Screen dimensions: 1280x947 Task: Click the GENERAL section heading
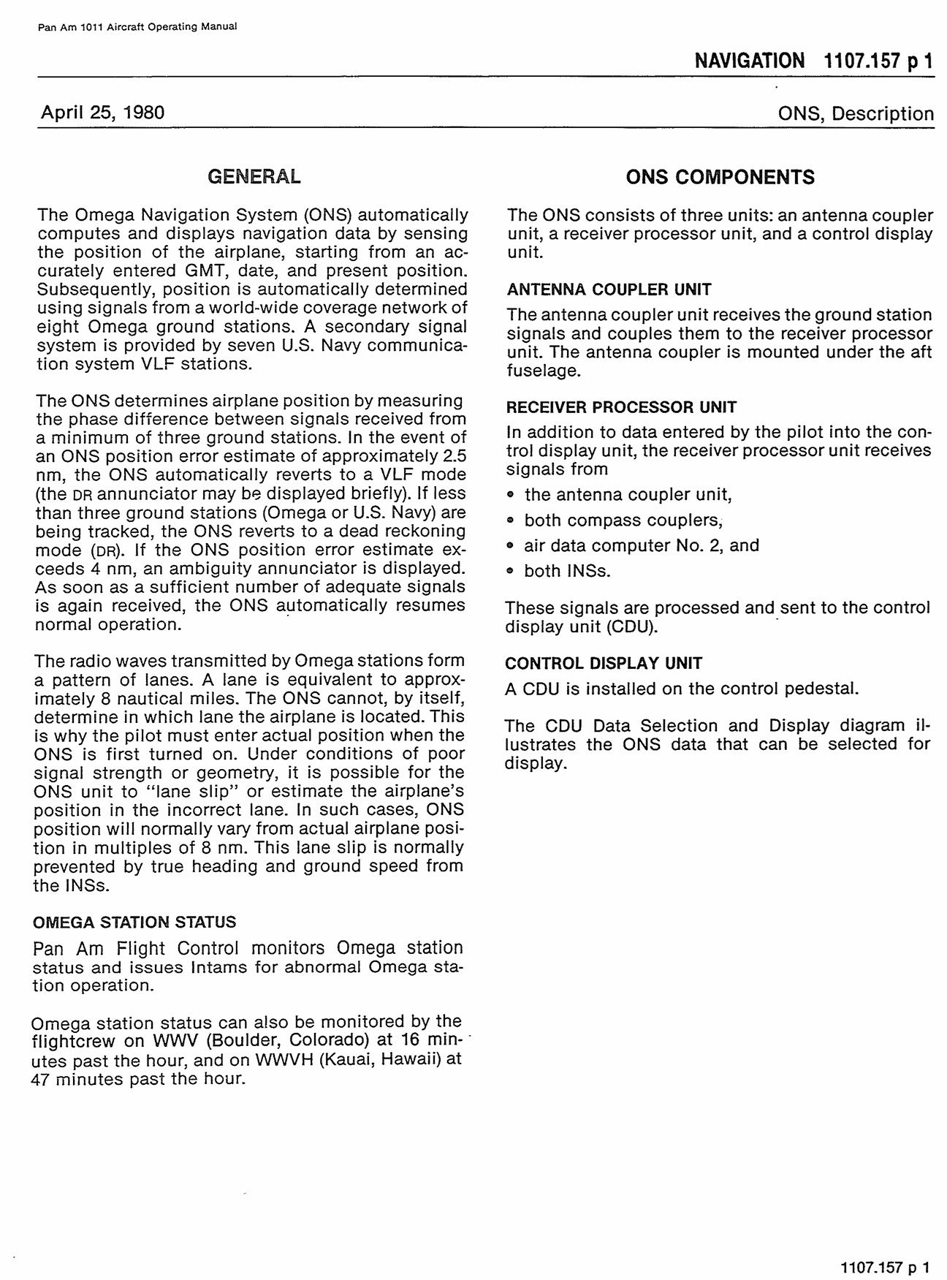click(254, 177)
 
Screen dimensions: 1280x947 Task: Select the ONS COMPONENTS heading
click(720, 177)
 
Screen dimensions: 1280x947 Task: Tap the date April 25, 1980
click(102, 113)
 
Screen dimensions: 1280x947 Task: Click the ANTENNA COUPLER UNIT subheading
click(609, 289)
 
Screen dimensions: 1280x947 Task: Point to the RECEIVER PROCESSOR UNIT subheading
click(621, 407)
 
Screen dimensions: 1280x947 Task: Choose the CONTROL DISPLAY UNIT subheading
click(604, 664)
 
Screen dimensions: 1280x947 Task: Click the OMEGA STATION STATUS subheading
click(134, 923)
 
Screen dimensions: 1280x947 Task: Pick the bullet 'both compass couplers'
click(623, 520)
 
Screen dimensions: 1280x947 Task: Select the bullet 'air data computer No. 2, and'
click(641, 546)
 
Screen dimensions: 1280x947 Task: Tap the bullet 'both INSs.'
click(566, 572)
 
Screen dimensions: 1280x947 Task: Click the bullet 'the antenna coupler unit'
click(627, 495)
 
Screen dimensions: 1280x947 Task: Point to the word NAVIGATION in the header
click(749, 61)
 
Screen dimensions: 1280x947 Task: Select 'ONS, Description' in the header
click(856, 114)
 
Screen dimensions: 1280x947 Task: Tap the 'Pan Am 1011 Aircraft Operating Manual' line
click(137, 27)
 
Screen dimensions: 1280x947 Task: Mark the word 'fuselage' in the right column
click(542, 371)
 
